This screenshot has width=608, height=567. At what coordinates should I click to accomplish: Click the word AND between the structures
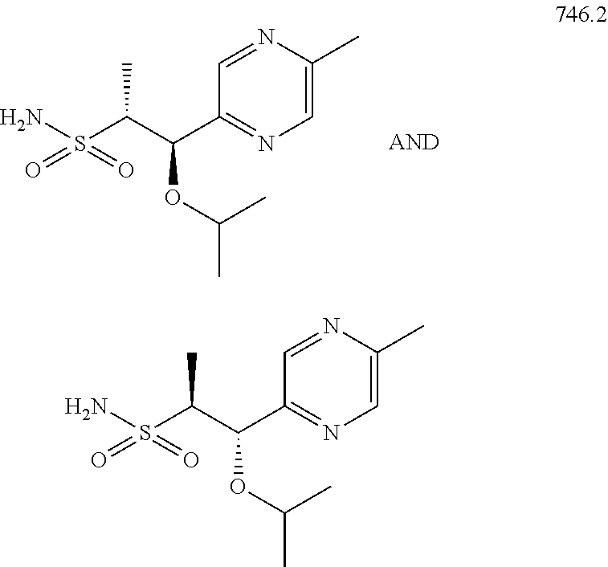pyautogui.click(x=414, y=145)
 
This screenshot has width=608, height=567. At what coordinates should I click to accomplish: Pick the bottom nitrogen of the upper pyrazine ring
pyautogui.click(x=267, y=145)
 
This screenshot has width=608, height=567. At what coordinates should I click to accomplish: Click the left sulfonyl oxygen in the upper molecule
pyautogui.click(x=34, y=171)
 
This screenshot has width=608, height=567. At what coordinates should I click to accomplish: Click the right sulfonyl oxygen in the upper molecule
pyautogui.click(x=125, y=171)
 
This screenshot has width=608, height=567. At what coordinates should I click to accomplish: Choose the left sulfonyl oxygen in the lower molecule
pyautogui.click(x=99, y=460)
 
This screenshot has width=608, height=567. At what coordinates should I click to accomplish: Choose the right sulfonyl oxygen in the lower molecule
pyautogui.click(x=190, y=460)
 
